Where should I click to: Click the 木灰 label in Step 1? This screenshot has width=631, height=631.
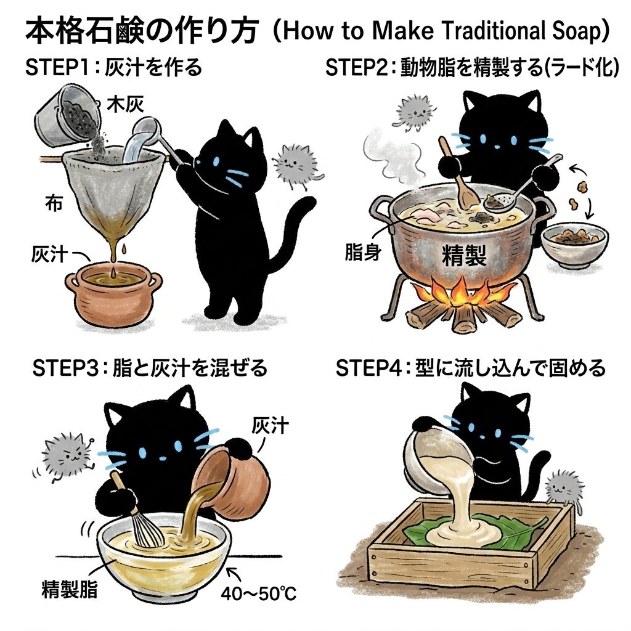pos(125,105)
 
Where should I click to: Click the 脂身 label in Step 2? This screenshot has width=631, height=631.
pos(362,252)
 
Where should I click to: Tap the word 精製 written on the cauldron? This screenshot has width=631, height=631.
pos(464,256)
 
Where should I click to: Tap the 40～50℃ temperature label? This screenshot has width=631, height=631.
pos(258,593)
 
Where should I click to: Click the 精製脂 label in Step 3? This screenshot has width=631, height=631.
pos(69,590)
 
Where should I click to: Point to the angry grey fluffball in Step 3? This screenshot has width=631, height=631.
pos(65,456)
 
